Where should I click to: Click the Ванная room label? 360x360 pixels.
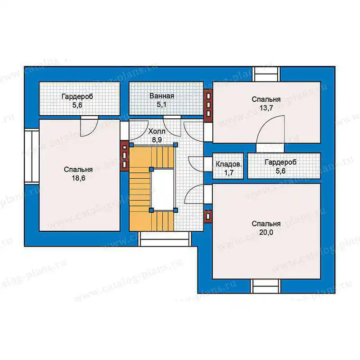(162, 96)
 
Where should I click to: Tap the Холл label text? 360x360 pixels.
(157, 131)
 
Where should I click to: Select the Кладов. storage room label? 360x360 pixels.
(229, 164)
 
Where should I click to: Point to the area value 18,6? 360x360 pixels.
(78, 178)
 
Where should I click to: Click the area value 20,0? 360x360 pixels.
(266, 232)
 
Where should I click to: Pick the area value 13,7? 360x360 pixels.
(266, 108)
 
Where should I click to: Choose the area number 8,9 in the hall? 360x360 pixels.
(157, 140)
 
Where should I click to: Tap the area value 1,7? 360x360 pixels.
(229, 173)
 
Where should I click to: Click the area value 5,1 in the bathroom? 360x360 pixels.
(162, 105)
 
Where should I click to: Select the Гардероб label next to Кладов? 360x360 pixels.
(280, 162)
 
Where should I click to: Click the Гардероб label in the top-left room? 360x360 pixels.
(77, 96)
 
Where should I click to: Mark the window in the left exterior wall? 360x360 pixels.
(32, 156)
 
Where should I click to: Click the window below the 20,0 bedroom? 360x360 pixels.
(266, 286)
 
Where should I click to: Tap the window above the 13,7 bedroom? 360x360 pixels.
(266, 74)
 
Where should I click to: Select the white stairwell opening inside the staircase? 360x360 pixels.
(162, 189)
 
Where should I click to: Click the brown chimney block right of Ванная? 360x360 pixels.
(208, 105)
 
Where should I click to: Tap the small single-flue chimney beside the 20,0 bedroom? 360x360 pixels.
(208, 216)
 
